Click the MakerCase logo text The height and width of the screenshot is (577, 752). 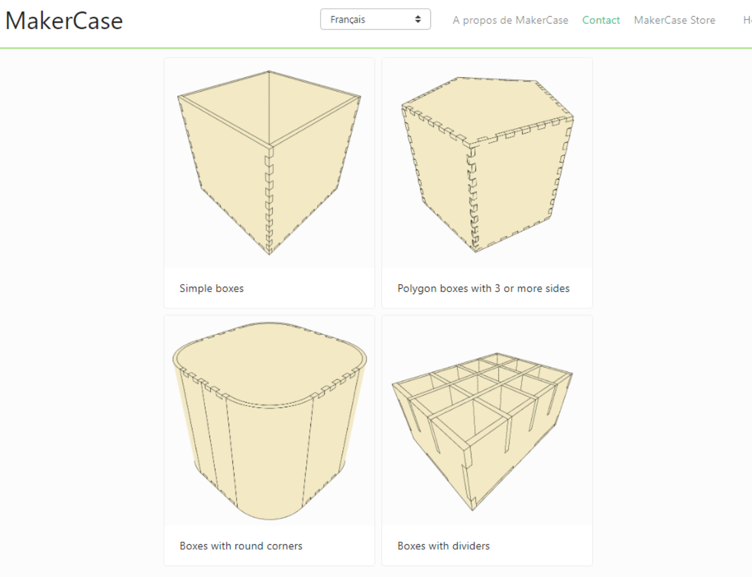64,21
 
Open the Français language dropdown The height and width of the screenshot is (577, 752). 375,20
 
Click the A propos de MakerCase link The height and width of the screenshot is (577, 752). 510,20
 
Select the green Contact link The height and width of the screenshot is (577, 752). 601,20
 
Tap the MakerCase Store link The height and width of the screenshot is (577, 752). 674,20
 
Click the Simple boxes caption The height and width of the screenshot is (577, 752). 211,288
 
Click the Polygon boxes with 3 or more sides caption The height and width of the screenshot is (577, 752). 483,288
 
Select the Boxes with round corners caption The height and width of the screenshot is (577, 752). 241,546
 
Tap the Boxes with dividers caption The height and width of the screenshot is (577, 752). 444,546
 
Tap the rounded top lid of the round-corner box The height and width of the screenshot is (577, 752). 269,362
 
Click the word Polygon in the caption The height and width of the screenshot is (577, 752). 417,288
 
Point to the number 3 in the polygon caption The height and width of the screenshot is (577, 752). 497,288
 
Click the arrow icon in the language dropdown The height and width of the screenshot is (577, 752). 418,20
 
